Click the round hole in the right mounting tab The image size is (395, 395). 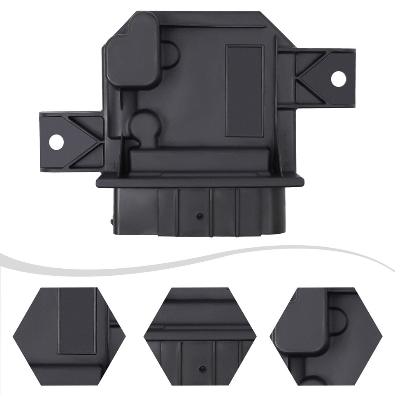pyautogui.click(x=338, y=79)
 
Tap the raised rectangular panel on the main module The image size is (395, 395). pyautogui.click(x=244, y=91)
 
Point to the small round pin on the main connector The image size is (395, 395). pyautogui.click(x=199, y=216)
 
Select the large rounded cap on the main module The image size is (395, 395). pyautogui.click(x=132, y=51)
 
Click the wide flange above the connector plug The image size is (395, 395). pyautogui.click(x=200, y=181)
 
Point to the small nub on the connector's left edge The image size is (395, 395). pyautogui.click(x=112, y=221)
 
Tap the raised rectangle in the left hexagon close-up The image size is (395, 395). pyautogui.click(x=77, y=321)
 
